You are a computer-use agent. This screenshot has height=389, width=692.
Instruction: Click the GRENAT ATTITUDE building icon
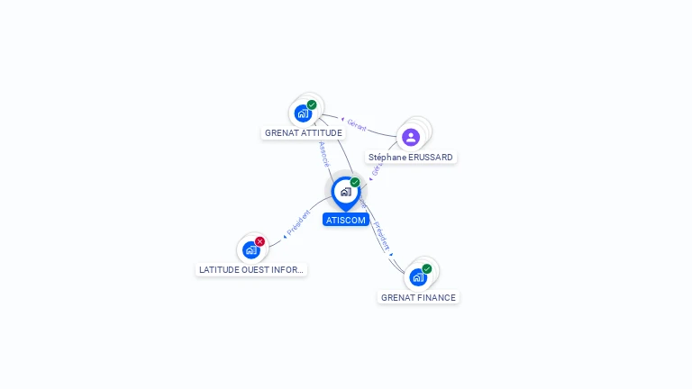pyautogui.click(x=303, y=113)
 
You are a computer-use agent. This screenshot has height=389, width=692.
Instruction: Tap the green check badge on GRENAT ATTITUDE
pyautogui.click(x=312, y=104)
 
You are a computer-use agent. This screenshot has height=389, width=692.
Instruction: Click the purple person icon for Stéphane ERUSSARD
pyautogui.click(x=411, y=137)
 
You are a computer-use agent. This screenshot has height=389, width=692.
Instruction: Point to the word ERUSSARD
pyautogui.click(x=431, y=158)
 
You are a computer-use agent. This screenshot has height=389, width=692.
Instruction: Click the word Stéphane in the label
pyautogui.click(x=387, y=158)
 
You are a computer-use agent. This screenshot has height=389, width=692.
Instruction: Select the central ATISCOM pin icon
pyautogui.click(x=345, y=192)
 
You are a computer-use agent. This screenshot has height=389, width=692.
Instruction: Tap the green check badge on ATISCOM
pyautogui.click(x=355, y=183)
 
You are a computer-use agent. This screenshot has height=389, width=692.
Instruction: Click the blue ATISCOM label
pyautogui.click(x=346, y=220)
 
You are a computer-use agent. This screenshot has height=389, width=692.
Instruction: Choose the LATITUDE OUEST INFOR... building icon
pyautogui.click(x=251, y=250)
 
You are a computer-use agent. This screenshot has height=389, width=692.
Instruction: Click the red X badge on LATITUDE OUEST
pyautogui.click(x=260, y=241)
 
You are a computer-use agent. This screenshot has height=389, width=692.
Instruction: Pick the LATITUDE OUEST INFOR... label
pyautogui.click(x=251, y=269)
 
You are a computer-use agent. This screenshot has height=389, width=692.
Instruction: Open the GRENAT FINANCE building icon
pyautogui.click(x=417, y=276)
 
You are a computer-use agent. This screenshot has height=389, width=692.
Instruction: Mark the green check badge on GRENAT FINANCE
pyautogui.click(x=427, y=268)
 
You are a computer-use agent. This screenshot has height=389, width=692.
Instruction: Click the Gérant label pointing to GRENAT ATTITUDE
pyautogui.click(x=357, y=124)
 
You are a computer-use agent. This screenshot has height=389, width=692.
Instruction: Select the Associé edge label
pyautogui.click(x=324, y=153)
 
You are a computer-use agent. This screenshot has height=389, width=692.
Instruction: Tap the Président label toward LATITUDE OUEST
pyautogui.click(x=299, y=223)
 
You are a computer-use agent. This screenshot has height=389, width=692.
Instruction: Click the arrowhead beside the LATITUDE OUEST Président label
pyautogui.click(x=284, y=236)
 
